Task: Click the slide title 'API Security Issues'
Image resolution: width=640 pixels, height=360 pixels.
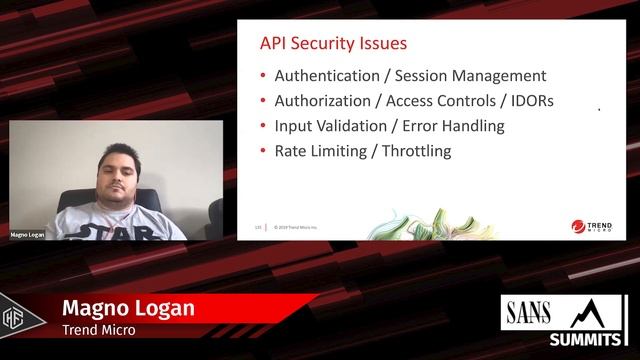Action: (333, 44)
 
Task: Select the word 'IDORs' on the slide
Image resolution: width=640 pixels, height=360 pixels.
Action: (533, 101)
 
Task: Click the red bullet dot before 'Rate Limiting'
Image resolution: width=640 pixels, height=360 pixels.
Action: (263, 152)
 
